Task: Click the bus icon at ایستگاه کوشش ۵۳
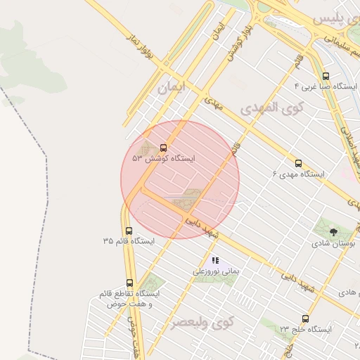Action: point(164,148)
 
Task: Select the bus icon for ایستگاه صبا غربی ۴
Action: point(325,76)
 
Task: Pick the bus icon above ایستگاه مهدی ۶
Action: point(299,162)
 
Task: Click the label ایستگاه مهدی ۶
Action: point(300,173)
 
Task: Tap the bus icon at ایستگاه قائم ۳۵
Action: point(128,230)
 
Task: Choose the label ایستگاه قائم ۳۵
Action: point(128,240)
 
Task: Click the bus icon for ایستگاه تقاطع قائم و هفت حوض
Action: point(130,282)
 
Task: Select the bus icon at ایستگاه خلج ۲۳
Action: point(304,319)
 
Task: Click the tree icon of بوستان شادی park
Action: point(333,231)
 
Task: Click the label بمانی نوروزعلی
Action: point(217,270)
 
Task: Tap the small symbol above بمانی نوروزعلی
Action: point(215,260)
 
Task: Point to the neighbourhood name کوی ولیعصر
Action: point(202,323)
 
